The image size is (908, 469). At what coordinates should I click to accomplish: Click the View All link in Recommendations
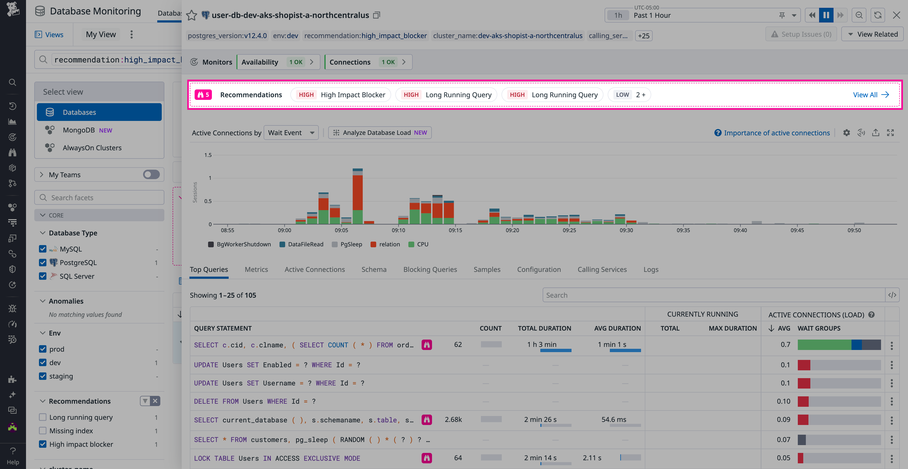870,95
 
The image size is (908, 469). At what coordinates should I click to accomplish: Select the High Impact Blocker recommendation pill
341,95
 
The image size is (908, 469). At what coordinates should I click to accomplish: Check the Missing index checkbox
43,431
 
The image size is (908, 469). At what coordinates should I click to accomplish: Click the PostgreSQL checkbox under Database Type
43,263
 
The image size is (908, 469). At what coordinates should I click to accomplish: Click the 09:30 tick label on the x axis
626,230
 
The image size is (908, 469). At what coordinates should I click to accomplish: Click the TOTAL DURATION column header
544,328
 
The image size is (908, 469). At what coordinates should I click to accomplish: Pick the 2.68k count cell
453,420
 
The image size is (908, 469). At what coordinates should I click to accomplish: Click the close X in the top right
896,15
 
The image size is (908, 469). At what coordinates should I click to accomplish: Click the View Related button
872,34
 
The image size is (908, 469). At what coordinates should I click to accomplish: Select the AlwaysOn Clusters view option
92,148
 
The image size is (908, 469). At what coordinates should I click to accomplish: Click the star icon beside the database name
191,16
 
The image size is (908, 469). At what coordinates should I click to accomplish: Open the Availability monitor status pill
278,62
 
